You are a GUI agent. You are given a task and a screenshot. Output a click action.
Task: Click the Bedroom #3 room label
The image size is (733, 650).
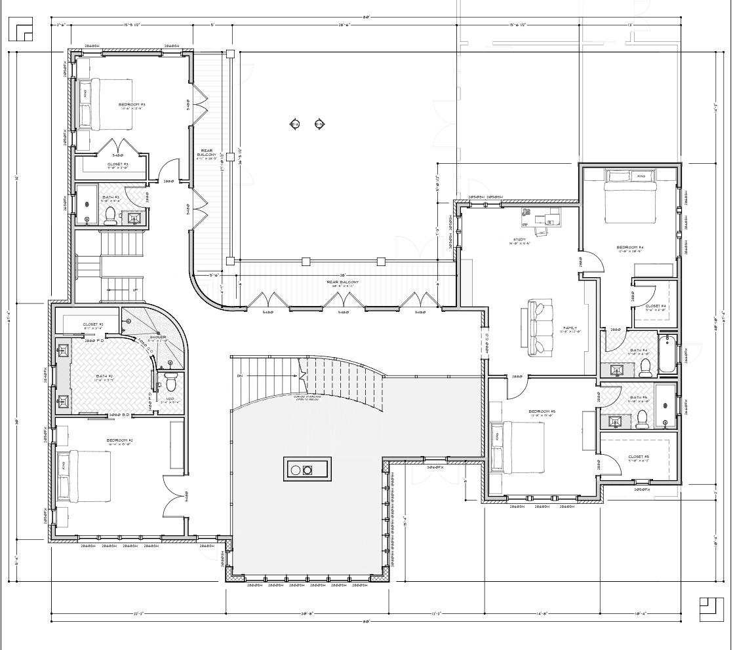132,105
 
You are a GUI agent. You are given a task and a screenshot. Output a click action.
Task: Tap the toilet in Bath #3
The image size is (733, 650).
110,216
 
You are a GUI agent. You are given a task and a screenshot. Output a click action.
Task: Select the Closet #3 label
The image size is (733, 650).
117,164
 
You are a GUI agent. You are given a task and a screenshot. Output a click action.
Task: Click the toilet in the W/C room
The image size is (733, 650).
171,381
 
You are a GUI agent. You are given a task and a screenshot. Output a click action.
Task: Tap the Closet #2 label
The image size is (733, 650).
92,324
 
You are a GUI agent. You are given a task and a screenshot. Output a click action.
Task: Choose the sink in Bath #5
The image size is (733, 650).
617,420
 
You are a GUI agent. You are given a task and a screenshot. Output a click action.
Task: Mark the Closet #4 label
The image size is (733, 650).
656,306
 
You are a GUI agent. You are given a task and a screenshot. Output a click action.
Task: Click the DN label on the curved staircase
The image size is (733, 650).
240,375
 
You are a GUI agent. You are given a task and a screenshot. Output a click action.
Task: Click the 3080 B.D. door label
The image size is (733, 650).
121,415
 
